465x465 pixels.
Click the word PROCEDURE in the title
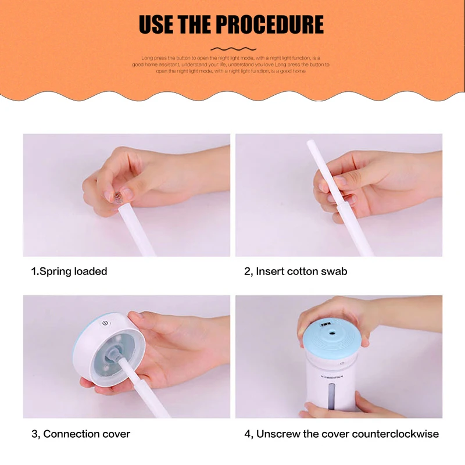coord(269,24)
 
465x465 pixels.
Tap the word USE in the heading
coord(156,24)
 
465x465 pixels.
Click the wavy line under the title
coord(233,49)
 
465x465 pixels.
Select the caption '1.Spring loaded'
coord(69,271)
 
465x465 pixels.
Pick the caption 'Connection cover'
coord(87,434)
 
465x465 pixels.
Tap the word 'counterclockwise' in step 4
coord(395,434)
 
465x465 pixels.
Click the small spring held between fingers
coord(117,196)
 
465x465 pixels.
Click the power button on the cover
coord(105,323)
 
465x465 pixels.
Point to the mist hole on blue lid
coord(331,333)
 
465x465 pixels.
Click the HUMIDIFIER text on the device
coord(332,377)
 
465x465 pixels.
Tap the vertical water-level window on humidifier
coord(331,396)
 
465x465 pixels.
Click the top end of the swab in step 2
coord(309,142)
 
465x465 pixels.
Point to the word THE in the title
coord(195,24)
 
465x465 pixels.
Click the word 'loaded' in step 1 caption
coord(91,271)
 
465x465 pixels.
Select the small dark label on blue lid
coord(325,325)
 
